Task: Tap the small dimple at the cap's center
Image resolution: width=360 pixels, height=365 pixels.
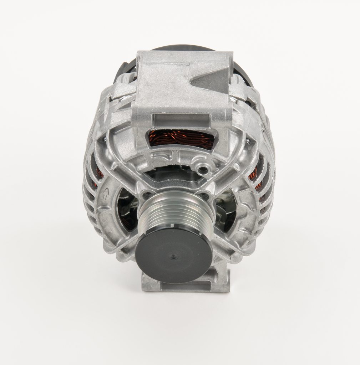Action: [x=174, y=256]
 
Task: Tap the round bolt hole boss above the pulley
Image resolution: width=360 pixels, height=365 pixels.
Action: [x=203, y=170]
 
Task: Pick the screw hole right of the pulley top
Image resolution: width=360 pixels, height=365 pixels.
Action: [x=204, y=195]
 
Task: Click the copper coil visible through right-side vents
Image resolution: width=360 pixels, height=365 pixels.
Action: [x=254, y=176]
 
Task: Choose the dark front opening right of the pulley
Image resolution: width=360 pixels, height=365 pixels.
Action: [x=225, y=210]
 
